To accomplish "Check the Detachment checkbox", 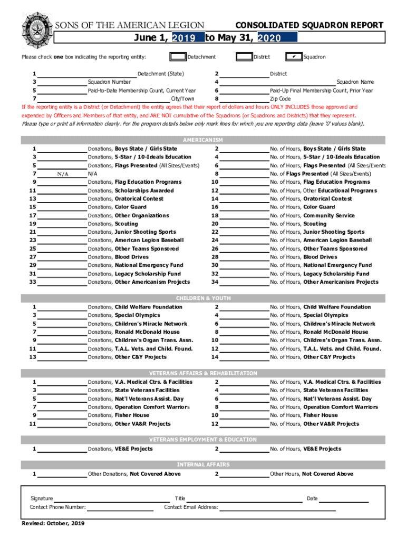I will click(178, 57).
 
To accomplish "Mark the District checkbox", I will click(244, 57).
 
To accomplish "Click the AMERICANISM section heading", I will click(203, 140).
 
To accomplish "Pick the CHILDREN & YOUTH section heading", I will click(203, 298).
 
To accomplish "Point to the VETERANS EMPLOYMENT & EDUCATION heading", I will click(203, 440).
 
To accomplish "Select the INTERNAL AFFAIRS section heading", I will click(203, 465).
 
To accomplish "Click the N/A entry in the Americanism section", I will click(63, 174).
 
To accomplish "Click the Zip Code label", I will click(280, 99).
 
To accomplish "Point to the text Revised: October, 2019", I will click(53, 523).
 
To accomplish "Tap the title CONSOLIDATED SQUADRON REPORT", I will click(309, 25).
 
